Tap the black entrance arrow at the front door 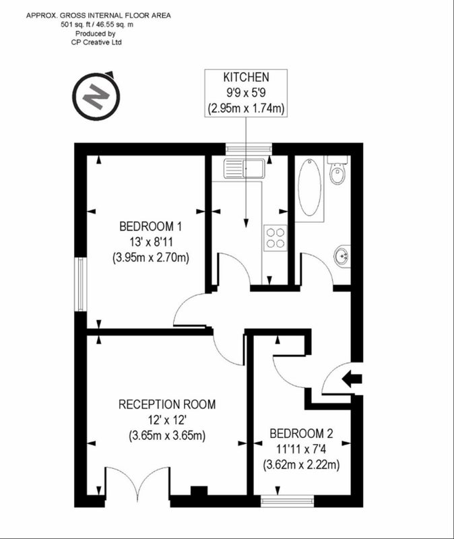tap(352, 379)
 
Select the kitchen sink tap(245, 168)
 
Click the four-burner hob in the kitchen tap(275, 238)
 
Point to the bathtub tap(310, 187)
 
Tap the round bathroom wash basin tap(342, 256)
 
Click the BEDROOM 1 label tap(150, 226)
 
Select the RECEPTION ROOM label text tap(167, 404)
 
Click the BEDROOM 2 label tap(301, 434)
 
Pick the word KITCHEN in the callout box tap(246, 77)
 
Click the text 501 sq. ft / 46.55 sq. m tap(97, 24)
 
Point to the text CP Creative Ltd tap(96, 42)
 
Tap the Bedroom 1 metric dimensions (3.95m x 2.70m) tap(151, 257)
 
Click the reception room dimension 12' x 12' tap(167, 420)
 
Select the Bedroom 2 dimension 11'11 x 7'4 tap(301, 449)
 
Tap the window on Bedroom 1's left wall tap(80, 284)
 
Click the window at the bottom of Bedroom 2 tap(287, 501)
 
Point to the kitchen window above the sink tap(249, 148)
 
